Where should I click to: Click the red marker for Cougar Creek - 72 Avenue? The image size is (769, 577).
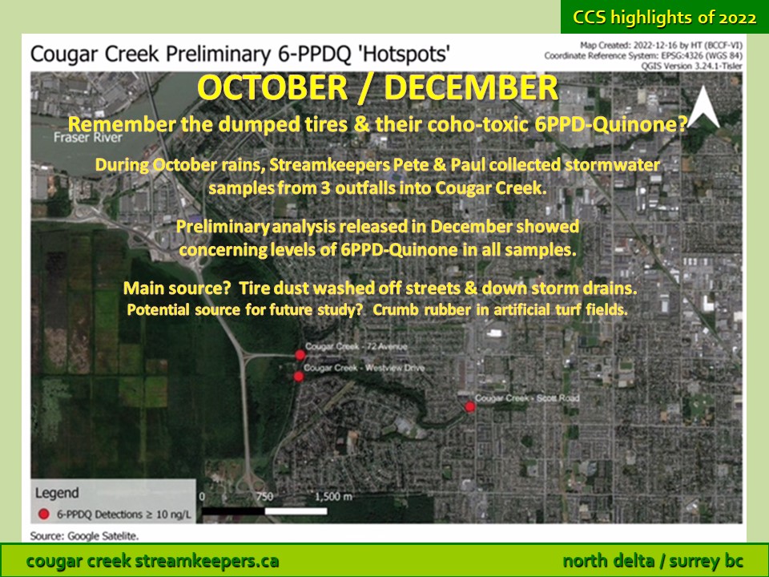coord(300,355)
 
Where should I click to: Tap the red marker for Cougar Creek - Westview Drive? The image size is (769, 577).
coord(298,377)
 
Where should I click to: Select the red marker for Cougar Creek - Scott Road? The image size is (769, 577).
coord(470,406)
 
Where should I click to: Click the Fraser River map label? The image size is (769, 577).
coord(88,137)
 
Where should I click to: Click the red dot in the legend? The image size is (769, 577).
coord(43,514)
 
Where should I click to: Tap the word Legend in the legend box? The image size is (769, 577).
coord(56,493)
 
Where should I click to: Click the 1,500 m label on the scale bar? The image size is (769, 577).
coord(333,497)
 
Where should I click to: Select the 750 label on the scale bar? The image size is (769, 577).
coord(264,497)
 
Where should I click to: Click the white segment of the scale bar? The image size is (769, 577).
coord(296,511)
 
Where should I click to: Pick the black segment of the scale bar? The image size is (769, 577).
coord(233,511)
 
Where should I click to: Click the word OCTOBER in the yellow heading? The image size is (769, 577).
coord(272,87)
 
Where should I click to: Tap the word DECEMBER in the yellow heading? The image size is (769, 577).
coord(471,87)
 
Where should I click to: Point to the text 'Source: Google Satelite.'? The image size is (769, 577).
coord(84,536)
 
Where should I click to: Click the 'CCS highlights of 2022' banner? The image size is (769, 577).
coord(665,18)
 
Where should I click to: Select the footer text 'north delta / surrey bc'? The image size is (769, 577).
coord(653,560)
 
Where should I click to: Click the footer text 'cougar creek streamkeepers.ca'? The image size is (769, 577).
coord(152,560)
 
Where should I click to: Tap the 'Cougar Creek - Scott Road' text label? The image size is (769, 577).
coord(527,398)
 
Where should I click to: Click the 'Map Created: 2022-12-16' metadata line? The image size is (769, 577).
coord(661,46)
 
